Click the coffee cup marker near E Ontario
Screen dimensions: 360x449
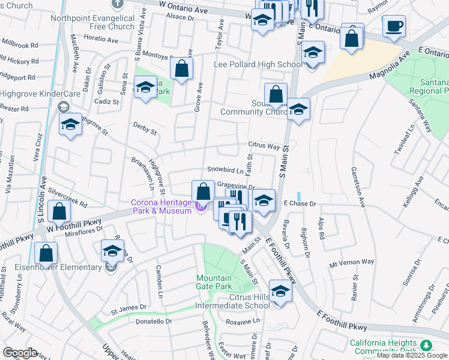(394, 26)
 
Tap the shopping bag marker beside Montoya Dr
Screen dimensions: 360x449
(181, 68)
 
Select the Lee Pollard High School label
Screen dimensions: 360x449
(258, 64)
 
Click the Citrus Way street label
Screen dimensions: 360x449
(265, 146)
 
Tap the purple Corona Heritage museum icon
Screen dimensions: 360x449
(200, 208)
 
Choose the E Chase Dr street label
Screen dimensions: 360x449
(300, 204)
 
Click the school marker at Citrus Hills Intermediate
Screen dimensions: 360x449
(280, 292)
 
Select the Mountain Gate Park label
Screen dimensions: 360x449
(214, 283)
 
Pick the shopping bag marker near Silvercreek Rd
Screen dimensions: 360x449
(59, 212)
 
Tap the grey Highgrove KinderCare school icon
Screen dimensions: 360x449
(62, 107)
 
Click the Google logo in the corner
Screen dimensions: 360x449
(20, 353)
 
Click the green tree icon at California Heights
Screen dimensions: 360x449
(426, 345)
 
